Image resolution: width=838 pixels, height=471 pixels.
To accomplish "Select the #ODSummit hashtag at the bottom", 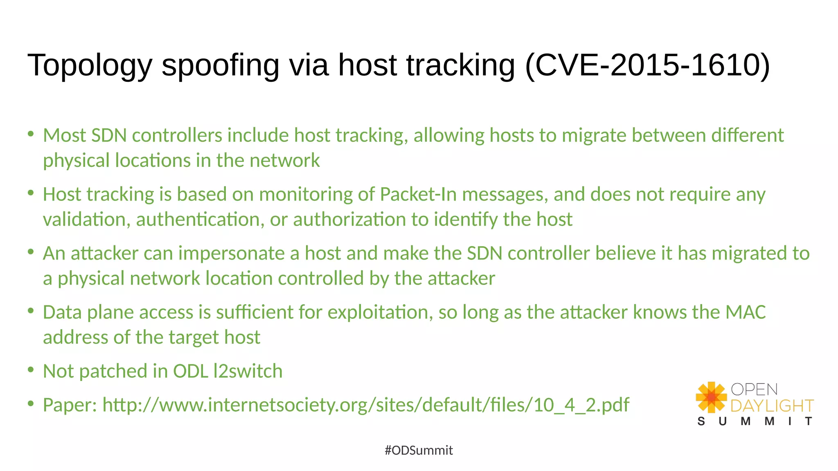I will pyautogui.click(x=419, y=450).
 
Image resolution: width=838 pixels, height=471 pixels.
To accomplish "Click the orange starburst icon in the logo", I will pyautogui.click(x=711, y=397).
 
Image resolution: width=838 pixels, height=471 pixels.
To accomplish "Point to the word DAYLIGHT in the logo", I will pyautogui.click(x=772, y=406).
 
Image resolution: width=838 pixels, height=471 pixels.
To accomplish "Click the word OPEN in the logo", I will pyautogui.click(x=754, y=389).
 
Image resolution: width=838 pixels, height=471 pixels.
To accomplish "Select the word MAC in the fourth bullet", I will pyautogui.click(x=745, y=312).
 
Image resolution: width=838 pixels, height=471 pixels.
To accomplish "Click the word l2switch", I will pyautogui.click(x=248, y=371).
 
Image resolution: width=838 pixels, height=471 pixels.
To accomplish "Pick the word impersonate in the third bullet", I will pyautogui.click(x=232, y=253).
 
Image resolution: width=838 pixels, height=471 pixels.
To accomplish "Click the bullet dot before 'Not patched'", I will pyautogui.click(x=31, y=370).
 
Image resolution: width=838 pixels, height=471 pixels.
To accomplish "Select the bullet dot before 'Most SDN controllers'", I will pyautogui.click(x=31, y=134).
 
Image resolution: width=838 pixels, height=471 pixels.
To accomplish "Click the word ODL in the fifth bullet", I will pyautogui.click(x=191, y=371).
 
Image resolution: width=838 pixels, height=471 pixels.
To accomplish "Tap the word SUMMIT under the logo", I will pyautogui.click(x=755, y=421).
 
